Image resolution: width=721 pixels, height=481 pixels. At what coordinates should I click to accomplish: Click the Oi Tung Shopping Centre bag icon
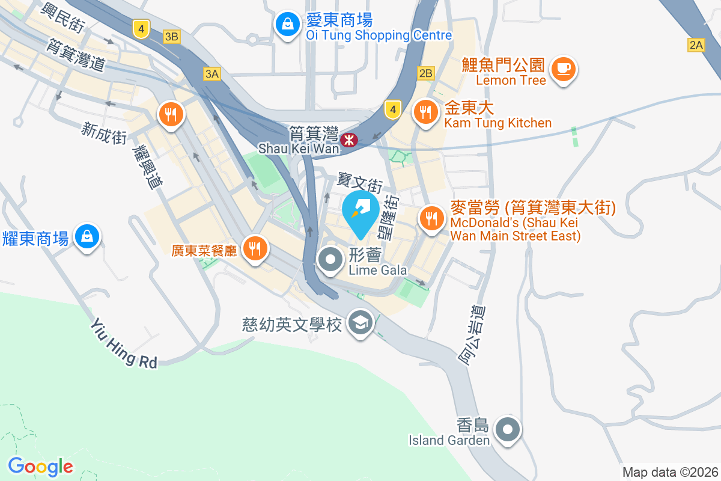click(288, 25)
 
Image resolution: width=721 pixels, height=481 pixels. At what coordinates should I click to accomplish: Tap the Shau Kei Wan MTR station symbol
click(348, 140)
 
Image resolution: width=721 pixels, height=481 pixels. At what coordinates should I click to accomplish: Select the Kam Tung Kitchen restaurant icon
click(426, 111)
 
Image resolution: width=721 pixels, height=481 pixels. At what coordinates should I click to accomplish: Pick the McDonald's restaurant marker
click(431, 218)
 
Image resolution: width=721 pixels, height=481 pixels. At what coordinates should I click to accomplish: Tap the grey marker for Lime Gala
click(330, 260)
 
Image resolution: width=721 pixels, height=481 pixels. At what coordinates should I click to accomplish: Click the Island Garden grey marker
click(508, 430)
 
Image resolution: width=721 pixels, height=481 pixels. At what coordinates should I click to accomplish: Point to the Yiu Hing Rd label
click(124, 343)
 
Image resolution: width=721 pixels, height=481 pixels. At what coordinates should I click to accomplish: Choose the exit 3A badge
click(211, 74)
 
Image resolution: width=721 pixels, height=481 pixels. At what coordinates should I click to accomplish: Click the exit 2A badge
click(696, 44)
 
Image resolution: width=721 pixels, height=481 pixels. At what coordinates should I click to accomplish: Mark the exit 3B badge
click(171, 37)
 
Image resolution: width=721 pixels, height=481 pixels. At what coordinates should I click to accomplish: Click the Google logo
click(40, 467)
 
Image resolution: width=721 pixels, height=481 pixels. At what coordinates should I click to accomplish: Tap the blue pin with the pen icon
click(360, 210)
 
